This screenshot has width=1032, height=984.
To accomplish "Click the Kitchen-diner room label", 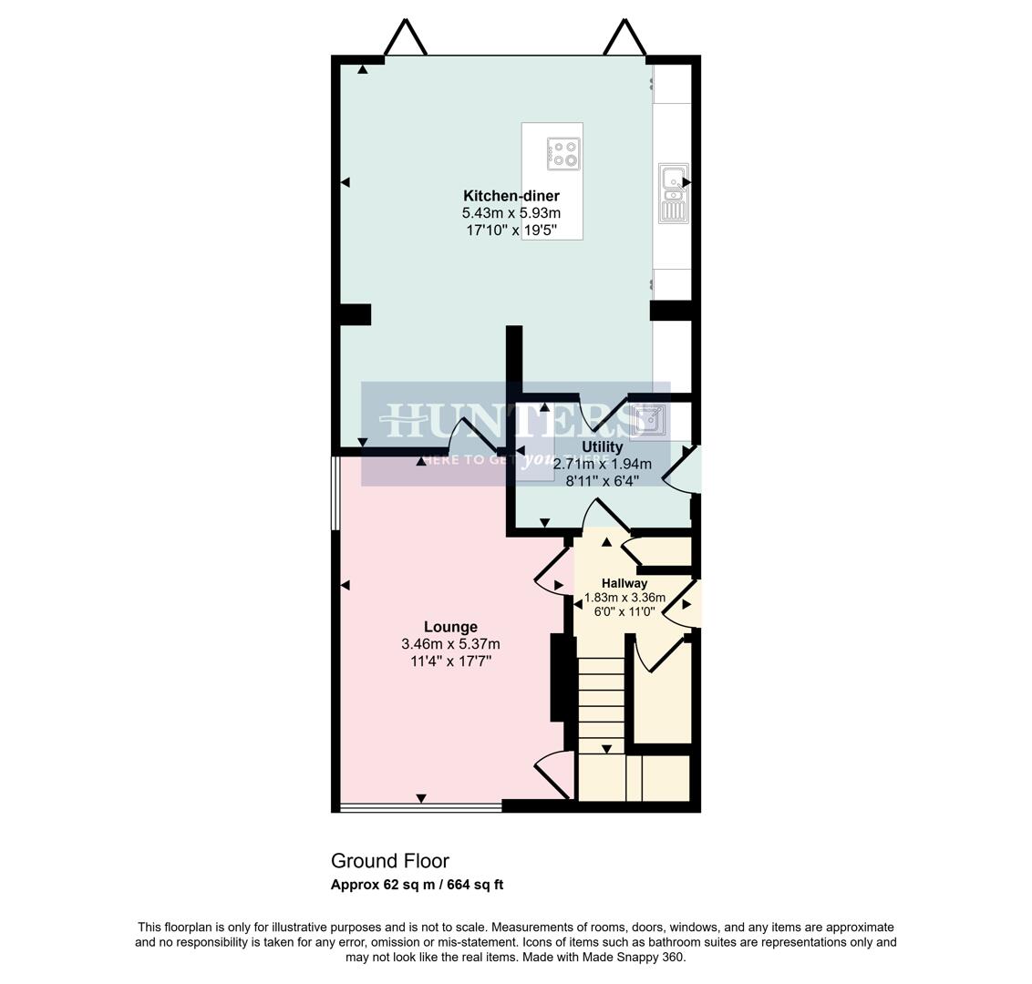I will tap(511, 196).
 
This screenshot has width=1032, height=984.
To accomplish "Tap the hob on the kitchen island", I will tap(563, 153).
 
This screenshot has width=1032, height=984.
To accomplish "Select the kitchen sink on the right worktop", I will tap(673, 193).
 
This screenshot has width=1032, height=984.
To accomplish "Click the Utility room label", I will tap(602, 447).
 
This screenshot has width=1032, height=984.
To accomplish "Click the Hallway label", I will tap(624, 583).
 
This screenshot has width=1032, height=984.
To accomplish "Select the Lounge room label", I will tap(450, 627).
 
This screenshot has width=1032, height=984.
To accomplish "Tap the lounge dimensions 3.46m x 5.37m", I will tap(450, 644).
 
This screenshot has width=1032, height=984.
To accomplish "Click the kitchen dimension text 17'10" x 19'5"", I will tap(511, 231).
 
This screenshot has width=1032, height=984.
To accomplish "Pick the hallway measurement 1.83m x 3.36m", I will tap(624, 599).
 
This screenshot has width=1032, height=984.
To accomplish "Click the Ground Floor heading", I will tap(389, 861).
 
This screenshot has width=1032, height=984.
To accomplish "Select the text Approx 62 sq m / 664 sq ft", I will tap(417, 885).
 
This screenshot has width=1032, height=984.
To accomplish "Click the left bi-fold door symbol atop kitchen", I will tap(406, 38).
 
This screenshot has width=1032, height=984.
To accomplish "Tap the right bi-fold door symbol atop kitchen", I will tap(626, 38).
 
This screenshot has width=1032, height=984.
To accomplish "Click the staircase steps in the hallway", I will tap(601, 702).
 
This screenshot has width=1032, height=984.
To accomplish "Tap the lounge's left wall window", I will tap(335, 492).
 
